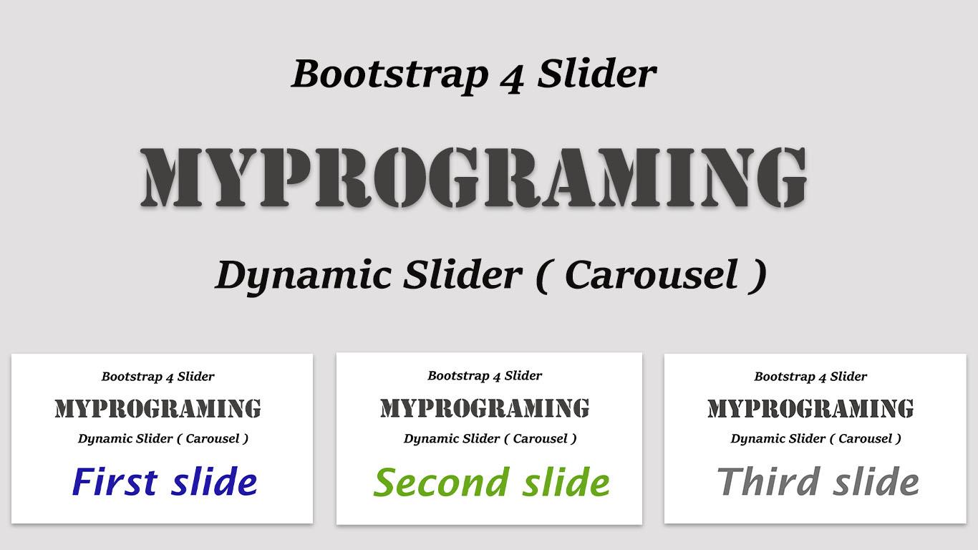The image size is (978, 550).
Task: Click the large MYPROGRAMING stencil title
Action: click(474, 177)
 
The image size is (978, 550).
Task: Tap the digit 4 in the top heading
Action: click(511, 76)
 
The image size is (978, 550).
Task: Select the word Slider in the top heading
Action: click(596, 74)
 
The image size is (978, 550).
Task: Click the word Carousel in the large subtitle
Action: click(651, 276)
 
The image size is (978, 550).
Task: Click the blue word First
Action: click(115, 482)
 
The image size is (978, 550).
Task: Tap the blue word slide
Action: click(214, 482)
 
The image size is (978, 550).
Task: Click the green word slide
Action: click(566, 483)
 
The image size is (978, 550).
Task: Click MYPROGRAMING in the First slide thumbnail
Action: click(158, 409)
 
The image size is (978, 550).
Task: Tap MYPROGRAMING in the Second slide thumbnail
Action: click(485, 408)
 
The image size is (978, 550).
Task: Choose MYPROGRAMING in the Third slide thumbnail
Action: click(810, 409)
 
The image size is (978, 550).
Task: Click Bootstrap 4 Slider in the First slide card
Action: click(158, 377)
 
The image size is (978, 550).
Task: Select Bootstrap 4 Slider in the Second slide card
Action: click(485, 376)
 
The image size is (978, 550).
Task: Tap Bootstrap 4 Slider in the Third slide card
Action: click(810, 377)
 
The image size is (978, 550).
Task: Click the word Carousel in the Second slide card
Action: click(540, 438)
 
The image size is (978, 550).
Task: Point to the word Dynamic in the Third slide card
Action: click(757, 439)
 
